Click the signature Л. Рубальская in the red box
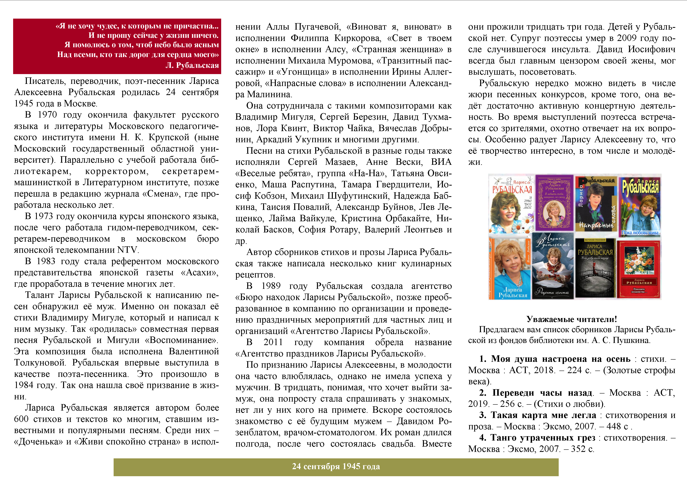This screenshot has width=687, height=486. (x=192, y=65)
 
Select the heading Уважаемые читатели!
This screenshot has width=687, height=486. (x=571, y=319)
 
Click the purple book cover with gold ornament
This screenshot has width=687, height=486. (x=554, y=203)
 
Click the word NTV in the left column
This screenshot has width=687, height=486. (x=128, y=250)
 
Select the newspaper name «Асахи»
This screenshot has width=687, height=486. (x=200, y=273)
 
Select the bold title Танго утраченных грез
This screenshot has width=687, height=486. (x=543, y=438)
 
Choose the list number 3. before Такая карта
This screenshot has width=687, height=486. (x=482, y=415)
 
